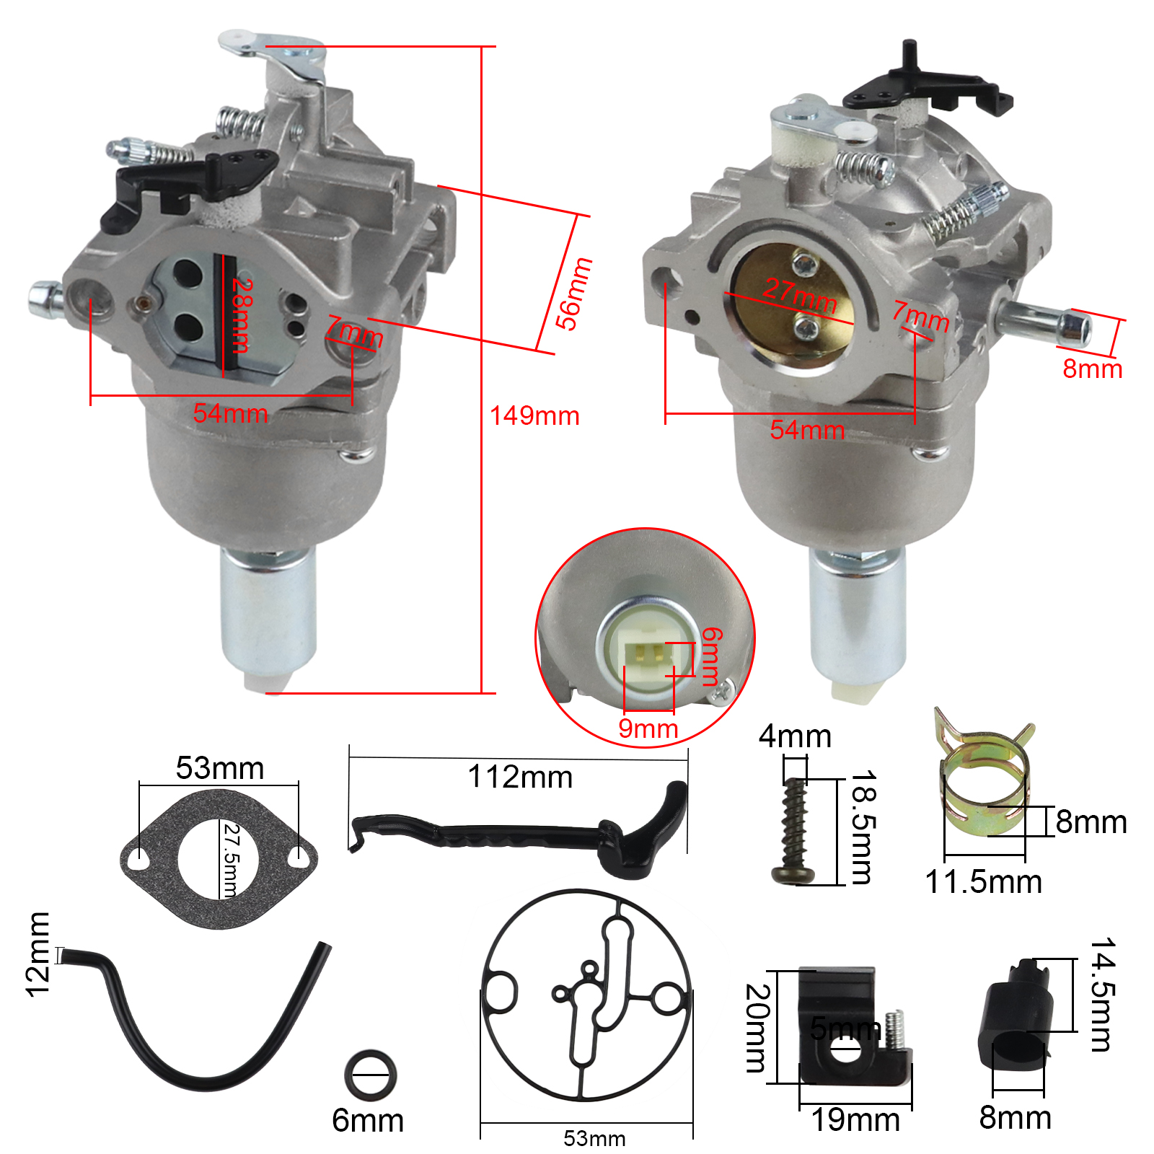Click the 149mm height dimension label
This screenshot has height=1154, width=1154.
click(534, 416)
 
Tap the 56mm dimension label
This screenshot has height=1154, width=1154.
click(573, 294)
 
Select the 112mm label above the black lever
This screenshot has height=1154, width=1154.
click(520, 778)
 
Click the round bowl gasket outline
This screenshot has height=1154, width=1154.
click(586, 995)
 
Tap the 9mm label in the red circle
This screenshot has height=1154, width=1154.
click(648, 728)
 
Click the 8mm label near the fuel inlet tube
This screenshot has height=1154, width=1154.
click(1092, 369)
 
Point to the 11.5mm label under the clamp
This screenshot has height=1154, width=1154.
click(983, 882)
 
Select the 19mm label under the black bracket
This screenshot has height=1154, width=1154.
click(855, 1120)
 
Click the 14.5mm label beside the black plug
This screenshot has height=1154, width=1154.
click(1101, 995)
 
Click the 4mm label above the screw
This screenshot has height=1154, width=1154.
click(795, 736)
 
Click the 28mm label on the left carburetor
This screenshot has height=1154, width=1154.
click(242, 315)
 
